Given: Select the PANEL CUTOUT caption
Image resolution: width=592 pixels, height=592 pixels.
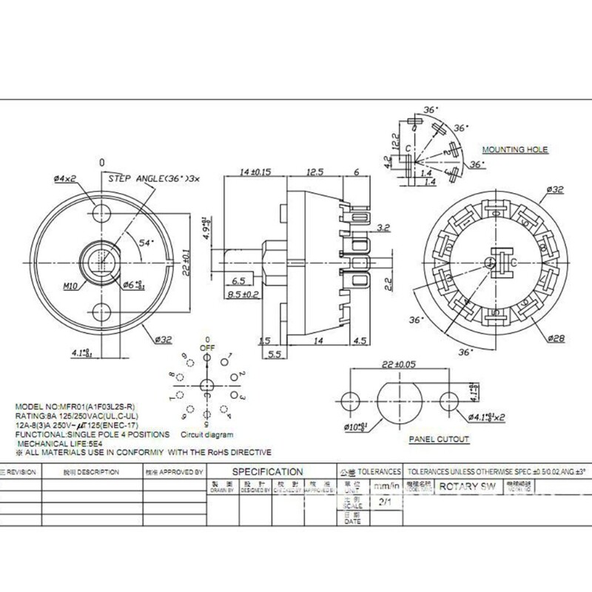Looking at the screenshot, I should (x=439, y=439).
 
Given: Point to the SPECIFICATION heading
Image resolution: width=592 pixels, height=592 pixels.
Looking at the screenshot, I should (x=267, y=471).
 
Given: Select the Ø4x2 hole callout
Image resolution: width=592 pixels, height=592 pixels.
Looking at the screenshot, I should (x=66, y=178).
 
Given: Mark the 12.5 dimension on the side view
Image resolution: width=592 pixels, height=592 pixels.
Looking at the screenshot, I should (x=316, y=172).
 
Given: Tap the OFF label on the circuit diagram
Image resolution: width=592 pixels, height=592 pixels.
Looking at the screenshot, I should (x=207, y=346).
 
